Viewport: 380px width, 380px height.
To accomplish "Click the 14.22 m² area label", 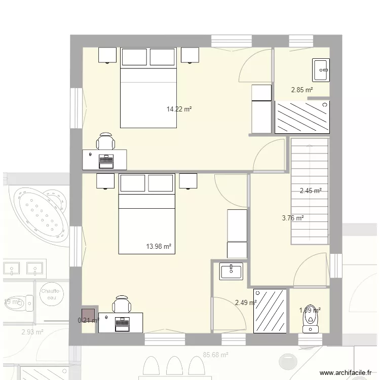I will tap(179, 108).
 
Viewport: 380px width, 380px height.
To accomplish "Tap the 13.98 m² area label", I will tap(159, 247).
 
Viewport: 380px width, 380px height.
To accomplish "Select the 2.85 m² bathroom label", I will tap(301, 90).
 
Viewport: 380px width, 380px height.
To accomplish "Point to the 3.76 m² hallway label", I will tap(292, 218).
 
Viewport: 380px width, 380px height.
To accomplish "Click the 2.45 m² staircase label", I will tap(311, 191).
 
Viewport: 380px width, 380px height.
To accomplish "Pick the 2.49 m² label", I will tap(246, 303).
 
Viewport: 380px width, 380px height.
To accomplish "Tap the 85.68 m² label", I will tap(215, 355).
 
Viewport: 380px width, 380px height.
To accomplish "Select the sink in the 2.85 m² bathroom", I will tap(321, 70).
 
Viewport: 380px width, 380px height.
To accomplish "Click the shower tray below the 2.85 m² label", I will tap(302, 117).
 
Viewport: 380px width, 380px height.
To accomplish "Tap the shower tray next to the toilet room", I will tap(271, 311).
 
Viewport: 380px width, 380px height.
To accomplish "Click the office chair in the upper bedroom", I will tap(105, 141).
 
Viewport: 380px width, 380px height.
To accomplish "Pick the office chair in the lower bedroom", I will tap(121, 305).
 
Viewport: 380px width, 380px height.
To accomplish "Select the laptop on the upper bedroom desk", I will tap(106, 161).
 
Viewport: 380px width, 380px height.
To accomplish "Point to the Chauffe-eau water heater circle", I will tap(51, 295).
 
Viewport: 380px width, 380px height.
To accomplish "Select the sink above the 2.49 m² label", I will tap(232, 271).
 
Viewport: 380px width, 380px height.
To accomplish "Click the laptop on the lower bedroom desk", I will tap(122, 323).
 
